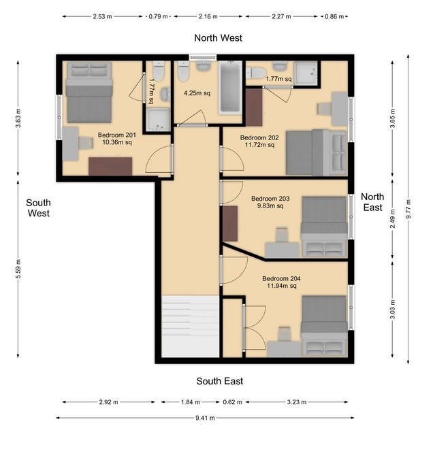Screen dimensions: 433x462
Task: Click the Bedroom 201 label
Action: click(116, 135)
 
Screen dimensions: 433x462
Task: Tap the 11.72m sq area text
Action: click(259, 145)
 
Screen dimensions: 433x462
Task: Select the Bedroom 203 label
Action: click(270, 198)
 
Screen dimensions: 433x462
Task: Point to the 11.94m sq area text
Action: click(281, 286)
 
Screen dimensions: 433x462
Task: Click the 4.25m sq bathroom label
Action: click(197, 93)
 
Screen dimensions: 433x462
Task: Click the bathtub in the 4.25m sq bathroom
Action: click(230, 88)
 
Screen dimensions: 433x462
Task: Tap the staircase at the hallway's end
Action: click(191, 326)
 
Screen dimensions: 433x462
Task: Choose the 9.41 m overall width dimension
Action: click(205, 418)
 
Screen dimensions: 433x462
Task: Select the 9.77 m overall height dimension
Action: click(408, 209)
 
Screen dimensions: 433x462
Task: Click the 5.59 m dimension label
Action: click(18, 269)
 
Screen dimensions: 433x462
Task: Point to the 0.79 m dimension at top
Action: click(158, 16)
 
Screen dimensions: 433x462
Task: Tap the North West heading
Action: click(218, 37)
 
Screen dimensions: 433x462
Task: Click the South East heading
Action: click(220, 381)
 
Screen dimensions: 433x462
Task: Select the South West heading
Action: click(38, 208)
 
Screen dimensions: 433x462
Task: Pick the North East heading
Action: click(372, 202)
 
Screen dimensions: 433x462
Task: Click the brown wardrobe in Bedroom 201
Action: click(110, 167)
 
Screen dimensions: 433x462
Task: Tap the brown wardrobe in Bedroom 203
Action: click(230, 224)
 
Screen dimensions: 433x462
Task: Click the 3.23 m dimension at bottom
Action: click(297, 402)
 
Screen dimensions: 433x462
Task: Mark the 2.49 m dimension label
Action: click(392, 218)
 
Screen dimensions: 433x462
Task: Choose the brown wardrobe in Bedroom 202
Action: click(254, 108)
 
